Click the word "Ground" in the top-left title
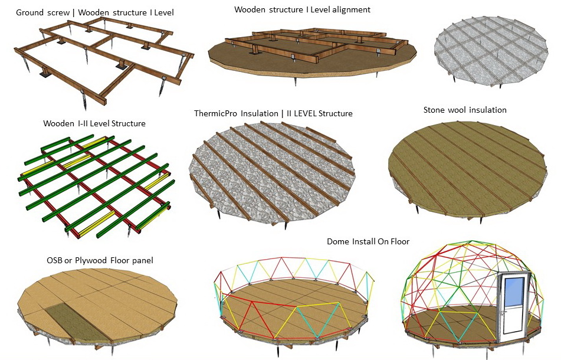tap(30, 12)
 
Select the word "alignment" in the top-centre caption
tap(350, 9)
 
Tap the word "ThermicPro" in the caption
tap(215, 113)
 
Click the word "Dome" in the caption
tap(339, 241)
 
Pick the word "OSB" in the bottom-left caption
tap(55, 260)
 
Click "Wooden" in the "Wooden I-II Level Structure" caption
tap(58, 124)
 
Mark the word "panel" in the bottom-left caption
tap(142, 260)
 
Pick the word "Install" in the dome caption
tap(365, 241)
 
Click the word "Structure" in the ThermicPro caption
tap(337, 113)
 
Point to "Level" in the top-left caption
tap(162, 12)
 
